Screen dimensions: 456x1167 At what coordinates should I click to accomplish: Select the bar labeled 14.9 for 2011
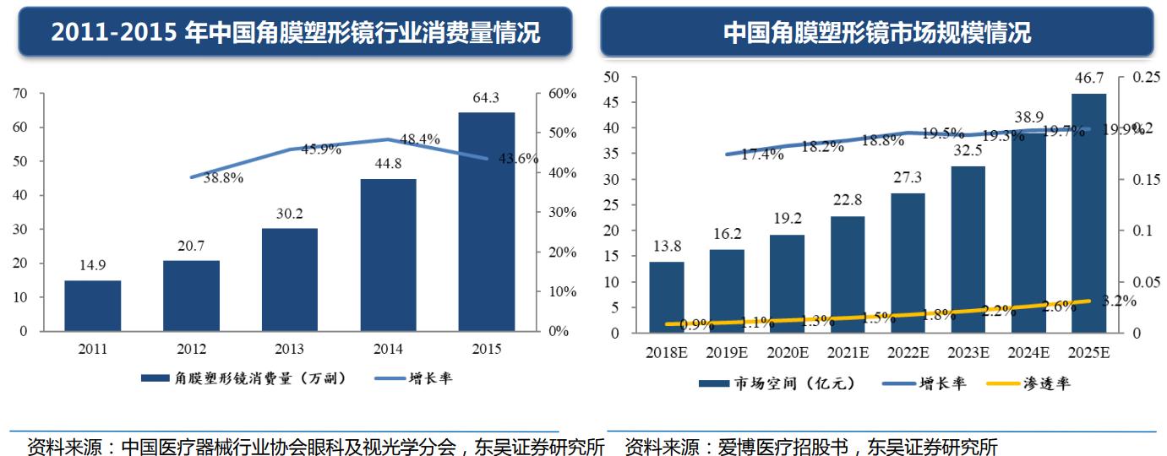coord(92,306)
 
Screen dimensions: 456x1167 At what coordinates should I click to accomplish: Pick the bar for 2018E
coord(666,297)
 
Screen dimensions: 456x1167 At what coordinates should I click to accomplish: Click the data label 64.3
coord(486,98)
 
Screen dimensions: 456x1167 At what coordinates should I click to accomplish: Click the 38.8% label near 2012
coord(223,178)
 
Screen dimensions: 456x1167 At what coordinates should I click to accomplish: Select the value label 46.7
coord(1088,79)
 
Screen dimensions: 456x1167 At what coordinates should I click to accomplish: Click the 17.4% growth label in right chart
coord(761,155)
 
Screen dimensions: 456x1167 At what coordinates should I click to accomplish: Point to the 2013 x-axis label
coord(289,349)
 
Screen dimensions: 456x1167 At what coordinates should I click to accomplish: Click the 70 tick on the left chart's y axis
coord(19,94)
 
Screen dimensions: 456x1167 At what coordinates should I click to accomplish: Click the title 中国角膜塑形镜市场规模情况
coord(876,33)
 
